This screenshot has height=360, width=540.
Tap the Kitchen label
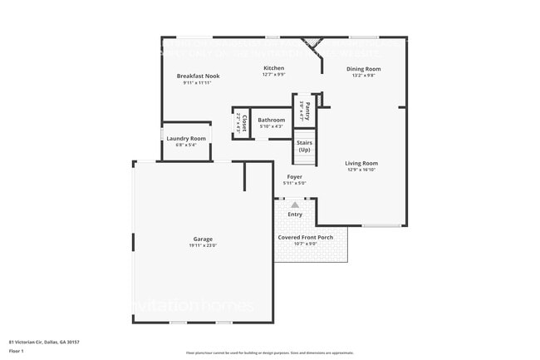pos(274,68)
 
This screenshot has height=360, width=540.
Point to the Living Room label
pos(361,163)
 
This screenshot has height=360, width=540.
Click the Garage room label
pos(204,239)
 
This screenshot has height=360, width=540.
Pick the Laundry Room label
pos(186,138)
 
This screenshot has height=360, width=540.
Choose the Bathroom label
pos(271,120)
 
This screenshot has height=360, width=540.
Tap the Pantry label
pos(307,106)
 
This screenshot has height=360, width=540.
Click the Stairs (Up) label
pos(304,146)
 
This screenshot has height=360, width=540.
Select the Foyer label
pos(294,177)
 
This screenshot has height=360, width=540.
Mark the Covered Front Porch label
pos(305,237)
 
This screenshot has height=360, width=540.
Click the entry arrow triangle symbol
pos(294,204)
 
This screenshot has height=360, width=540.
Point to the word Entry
pos(295,215)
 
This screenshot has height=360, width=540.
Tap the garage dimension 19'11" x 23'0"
pos(204,245)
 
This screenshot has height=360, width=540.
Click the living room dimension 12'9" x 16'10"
pos(361,170)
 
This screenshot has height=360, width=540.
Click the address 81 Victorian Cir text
pos(44,342)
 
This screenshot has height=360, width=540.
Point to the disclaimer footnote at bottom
pos(270,353)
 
